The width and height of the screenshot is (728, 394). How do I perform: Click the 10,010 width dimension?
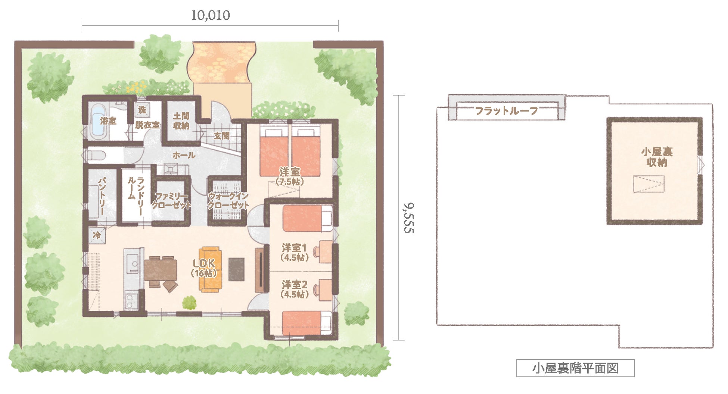tap(210, 15)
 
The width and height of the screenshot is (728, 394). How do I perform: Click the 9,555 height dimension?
tap(409, 218)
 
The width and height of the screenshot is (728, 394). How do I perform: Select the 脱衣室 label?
tap(147, 125)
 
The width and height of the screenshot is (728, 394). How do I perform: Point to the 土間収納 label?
tap(181, 121)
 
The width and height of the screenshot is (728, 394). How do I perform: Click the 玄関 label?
tap(222, 136)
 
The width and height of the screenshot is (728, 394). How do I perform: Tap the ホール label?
tap(184, 155)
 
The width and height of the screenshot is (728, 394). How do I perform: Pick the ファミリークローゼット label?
tap(171, 200)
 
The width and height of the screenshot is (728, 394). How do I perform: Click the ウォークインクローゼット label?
tap(228, 200)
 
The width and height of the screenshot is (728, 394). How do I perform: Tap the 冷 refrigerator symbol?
tap(97, 235)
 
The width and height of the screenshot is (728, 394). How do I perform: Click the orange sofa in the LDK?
tap(210, 269)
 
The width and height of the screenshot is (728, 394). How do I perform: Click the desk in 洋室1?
tap(326, 252)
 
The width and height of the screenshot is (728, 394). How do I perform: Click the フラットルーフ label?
tap(507, 111)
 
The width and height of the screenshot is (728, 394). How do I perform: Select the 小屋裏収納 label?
tap(657, 157)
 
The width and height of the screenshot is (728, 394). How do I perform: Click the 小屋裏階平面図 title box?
tap(575, 368)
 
